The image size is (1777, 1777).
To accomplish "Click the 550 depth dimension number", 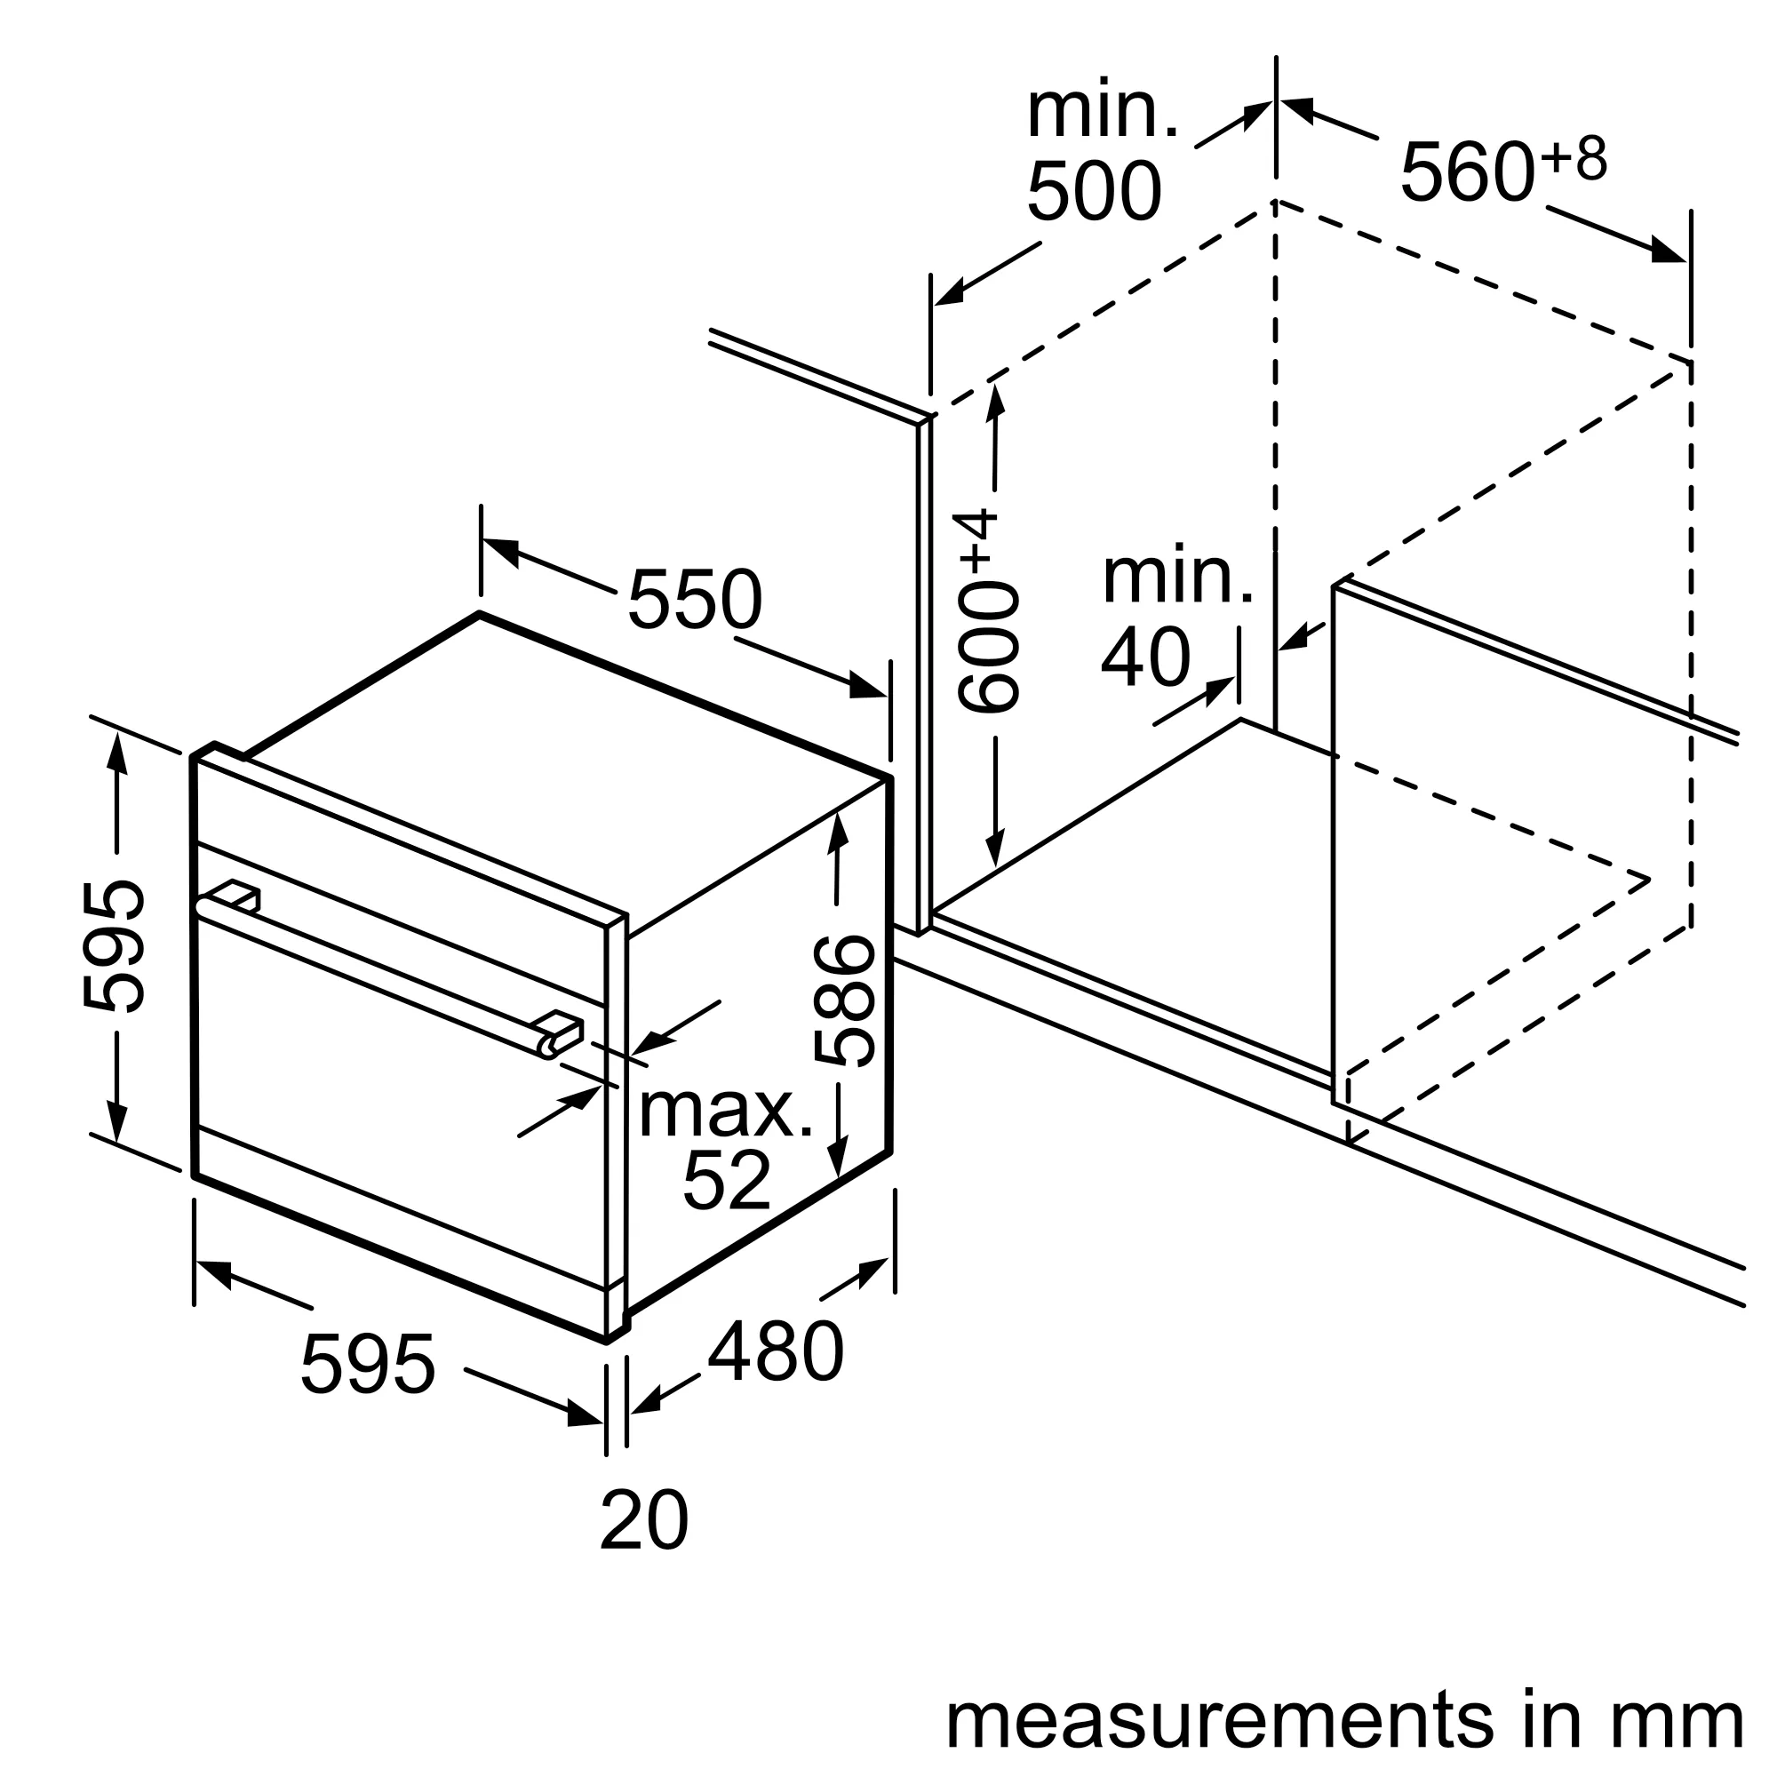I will click(x=695, y=600).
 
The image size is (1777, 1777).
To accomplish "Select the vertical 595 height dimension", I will click(x=113, y=947).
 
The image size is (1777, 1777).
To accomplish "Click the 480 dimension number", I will click(x=775, y=1352).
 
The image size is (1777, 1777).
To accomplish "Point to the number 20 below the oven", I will click(x=643, y=1520).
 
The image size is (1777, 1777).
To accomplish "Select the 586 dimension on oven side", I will click(x=843, y=1000).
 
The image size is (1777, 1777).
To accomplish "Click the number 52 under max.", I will click(x=726, y=1181).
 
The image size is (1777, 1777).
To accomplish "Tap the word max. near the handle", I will click(x=726, y=1112).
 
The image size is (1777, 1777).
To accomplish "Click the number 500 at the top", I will click(x=1094, y=192).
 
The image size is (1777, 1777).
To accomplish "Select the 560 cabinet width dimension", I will click(x=1466, y=172).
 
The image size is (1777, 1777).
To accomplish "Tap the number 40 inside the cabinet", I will click(x=1145, y=658).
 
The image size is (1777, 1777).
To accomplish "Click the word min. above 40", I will click(x=1176, y=578).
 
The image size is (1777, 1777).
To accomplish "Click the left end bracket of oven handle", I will click(x=235, y=895).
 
